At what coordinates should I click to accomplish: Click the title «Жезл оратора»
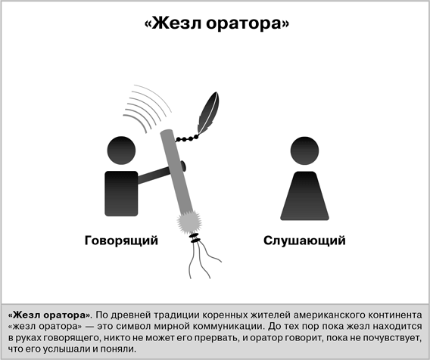(x=217, y=23)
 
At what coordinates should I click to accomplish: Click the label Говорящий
(x=121, y=241)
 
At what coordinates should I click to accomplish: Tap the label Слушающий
(x=304, y=241)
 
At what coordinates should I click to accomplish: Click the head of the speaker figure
(x=121, y=151)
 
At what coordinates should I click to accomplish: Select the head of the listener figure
(x=304, y=151)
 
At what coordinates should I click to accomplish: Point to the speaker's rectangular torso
(x=121, y=194)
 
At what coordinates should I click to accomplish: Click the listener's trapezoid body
(x=304, y=196)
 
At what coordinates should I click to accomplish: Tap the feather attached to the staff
(x=209, y=113)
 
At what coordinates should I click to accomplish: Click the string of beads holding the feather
(x=187, y=138)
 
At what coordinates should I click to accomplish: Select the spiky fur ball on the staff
(x=189, y=222)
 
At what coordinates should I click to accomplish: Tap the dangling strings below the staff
(x=204, y=259)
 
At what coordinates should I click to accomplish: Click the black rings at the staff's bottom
(x=195, y=237)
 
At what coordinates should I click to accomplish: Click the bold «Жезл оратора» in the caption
(x=50, y=315)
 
